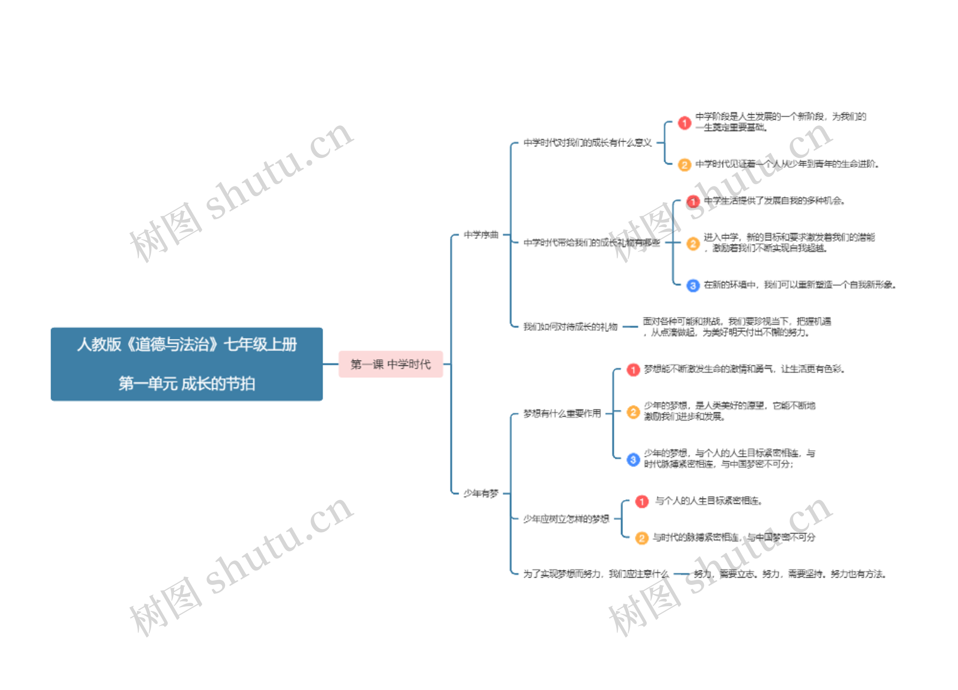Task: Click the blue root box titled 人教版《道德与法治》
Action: pyautogui.click(x=186, y=364)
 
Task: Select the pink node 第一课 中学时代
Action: pyautogui.click(x=390, y=364)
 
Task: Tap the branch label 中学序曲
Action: pyautogui.click(x=481, y=234)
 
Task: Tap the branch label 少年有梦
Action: pyautogui.click(x=481, y=493)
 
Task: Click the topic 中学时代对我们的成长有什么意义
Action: pyautogui.click(x=587, y=143)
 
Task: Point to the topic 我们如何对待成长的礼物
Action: pyautogui.click(x=570, y=326)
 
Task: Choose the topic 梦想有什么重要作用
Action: pyautogui.click(x=562, y=413)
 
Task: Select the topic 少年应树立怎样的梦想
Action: pyautogui.click(x=566, y=519)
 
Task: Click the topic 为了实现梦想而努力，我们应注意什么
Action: pyautogui.click(x=596, y=574)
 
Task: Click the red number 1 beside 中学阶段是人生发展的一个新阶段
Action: pyautogui.click(x=685, y=123)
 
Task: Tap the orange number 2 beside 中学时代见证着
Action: pyautogui.click(x=685, y=164)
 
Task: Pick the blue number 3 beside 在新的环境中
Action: pyautogui.click(x=693, y=286)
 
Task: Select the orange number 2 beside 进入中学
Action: pyautogui.click(x=693, y=243)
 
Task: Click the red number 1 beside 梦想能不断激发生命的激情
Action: pyautogui.click(x=633, y=370)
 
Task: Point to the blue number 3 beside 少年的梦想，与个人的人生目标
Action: pyautogui.click(x=633, y=459)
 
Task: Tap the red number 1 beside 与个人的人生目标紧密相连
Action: pyautogui.click(x=642, y=502)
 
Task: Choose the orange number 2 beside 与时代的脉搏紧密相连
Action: pyautogui.click(x=642, y=538)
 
